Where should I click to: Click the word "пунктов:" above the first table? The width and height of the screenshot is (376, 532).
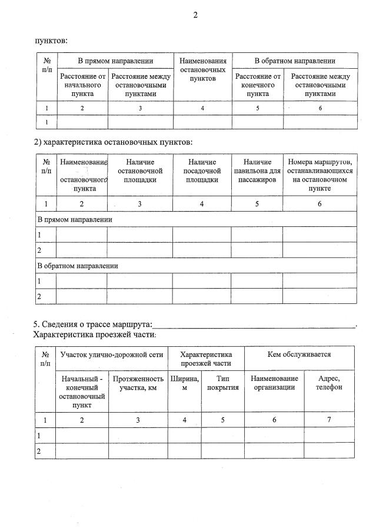tap(51, 41)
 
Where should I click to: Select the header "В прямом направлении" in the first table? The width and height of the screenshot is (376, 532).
tap(115, 61)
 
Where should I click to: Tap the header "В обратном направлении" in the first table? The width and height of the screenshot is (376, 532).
tap(294, 61)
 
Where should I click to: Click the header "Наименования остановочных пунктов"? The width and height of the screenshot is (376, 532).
tap(202, 69)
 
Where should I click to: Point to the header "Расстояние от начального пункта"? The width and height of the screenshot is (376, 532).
tap(82, 85)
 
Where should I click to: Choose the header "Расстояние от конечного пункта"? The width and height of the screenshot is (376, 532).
tap(258, 85)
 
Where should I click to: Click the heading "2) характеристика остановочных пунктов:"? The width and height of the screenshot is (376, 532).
tap(112, 142)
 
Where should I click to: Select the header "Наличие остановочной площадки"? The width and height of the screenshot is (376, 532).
tap(139, 170)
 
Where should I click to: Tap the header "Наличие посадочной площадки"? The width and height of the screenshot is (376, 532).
tap(202, 170)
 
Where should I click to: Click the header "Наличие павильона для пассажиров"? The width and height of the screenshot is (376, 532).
tap(257, 170)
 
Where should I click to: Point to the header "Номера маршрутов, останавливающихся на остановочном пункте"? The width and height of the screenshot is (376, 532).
tap(320, 175)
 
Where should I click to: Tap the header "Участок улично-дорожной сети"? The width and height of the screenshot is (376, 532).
tap(112, 355)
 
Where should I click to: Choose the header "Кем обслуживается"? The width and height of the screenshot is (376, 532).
tap(299, 355)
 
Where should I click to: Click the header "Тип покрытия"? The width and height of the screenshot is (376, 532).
tap(222, 383)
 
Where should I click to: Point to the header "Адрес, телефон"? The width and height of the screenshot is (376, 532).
tap(328, 383)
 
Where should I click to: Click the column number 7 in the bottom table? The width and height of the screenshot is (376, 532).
tap(328, 420)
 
